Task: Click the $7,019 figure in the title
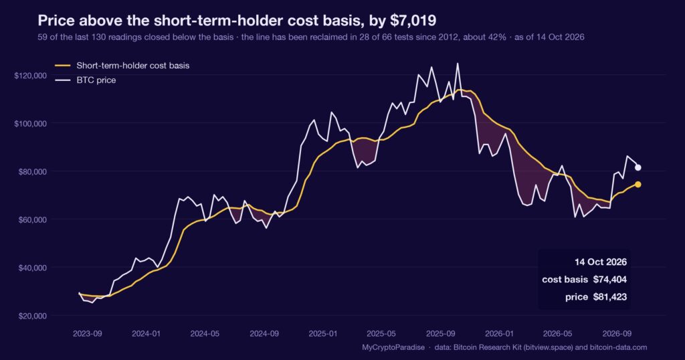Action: coord(413,21)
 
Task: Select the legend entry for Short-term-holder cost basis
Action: coord(122,66)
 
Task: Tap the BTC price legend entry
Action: coord(85,80)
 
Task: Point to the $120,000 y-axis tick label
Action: coord(31,76)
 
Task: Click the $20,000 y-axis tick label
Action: coord(32,316)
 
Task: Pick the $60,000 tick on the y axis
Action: coord(32,219)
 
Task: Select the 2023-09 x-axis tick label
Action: coord(88,334)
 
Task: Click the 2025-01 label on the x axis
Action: coord(323,334)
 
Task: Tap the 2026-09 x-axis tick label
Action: coord(617,334)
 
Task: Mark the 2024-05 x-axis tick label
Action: coord(205,334)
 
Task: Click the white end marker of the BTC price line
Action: coord(638,167)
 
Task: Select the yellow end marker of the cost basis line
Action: coord(638,185)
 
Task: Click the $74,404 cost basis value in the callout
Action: coord(610,280)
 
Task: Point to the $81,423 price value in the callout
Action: coord(610,297)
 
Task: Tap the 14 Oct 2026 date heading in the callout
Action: coord(601,262)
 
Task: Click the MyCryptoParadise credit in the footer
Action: coord(393,347)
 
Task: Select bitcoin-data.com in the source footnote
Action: coord(618,347)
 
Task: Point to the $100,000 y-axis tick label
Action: coord(31,124)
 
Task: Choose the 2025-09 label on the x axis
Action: coord(440,334)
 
